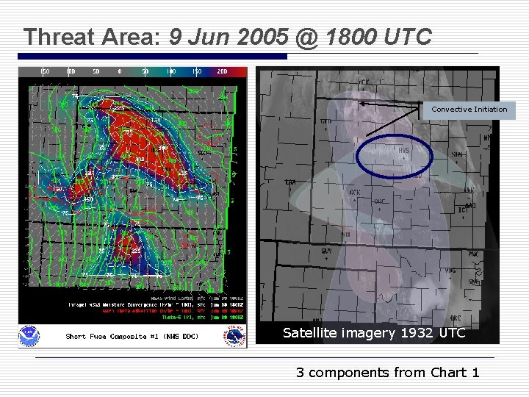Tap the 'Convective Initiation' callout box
469,110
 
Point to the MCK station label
364,82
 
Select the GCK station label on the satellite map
355,192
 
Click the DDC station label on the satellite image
379,201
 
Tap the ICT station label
461,210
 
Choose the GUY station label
326,251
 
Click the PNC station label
473,254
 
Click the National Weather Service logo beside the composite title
237,336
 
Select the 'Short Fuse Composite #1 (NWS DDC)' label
132,336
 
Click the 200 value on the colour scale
222,71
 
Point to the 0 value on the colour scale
120,71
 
